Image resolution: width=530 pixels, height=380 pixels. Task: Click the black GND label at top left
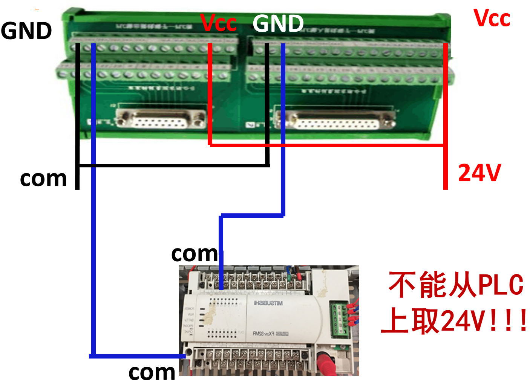26,31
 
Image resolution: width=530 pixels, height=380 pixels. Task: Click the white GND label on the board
278,24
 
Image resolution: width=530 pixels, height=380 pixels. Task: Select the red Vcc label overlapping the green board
218,23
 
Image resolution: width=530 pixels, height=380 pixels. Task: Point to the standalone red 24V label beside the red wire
479,173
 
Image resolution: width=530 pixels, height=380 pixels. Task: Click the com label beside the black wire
43,178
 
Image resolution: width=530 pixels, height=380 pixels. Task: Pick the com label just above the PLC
195,254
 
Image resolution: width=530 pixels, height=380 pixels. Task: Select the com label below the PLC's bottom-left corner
152,372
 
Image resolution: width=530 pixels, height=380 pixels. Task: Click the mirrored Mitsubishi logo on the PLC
268,303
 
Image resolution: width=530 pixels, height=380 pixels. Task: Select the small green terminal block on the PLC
339,319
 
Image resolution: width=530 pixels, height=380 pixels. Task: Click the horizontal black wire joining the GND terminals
173,165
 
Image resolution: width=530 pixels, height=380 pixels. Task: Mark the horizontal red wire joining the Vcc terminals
328,145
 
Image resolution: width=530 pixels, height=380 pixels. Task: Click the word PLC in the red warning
501,285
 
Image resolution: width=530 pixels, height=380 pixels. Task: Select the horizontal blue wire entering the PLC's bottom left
138,356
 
